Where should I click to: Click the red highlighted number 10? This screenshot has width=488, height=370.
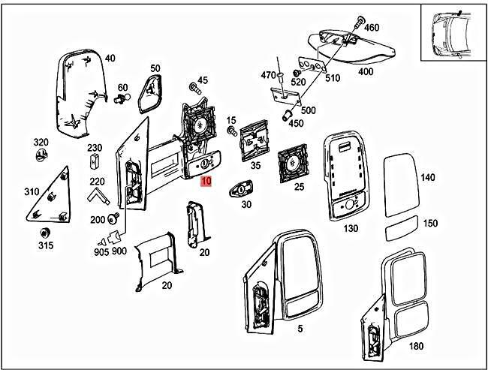(206, 182)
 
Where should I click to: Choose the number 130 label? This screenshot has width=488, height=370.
(351, 228)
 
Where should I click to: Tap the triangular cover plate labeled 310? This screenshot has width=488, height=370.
(50, 197)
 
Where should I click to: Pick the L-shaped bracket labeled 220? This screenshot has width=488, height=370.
(98, 196)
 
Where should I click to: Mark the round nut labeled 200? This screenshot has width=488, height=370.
(113, 218)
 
